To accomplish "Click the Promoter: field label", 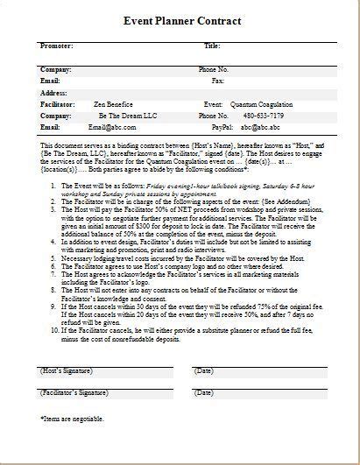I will (56, 45).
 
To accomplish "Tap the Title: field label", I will (212, 45).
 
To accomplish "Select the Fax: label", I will (218, 80).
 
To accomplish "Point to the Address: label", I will (54, 92).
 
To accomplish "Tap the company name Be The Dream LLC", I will (114, 116).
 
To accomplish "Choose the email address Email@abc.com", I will (112, 127).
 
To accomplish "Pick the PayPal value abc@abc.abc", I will (260, 127).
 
